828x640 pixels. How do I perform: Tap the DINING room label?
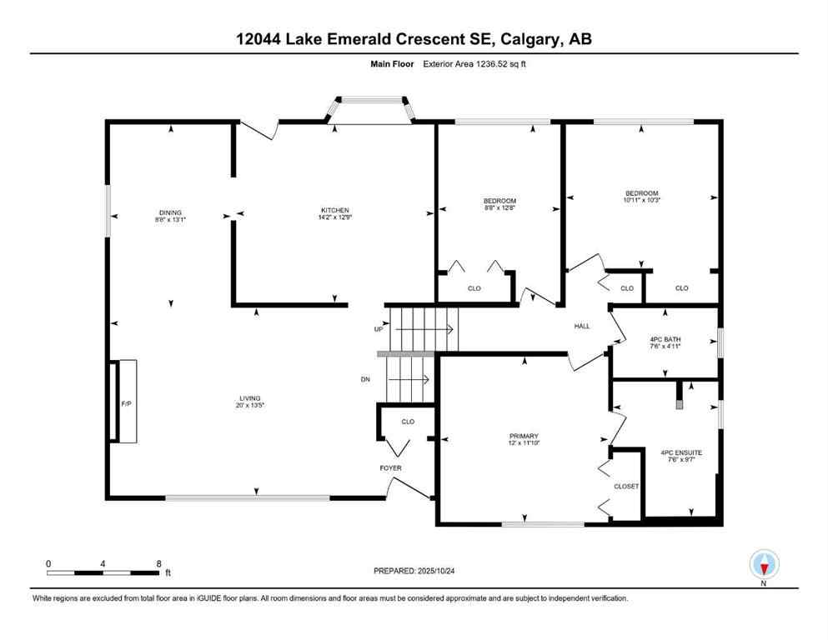[x=171, y=212]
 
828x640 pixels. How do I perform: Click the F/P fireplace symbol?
[x=126, y=403]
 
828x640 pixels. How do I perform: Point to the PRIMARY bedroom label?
[x=524, y=436]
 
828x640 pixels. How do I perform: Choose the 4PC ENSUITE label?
[x=680, y=452]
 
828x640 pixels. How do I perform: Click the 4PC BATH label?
[x=665, y=339]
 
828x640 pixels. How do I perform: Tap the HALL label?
[x=581, y=326]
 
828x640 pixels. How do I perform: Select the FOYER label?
[x=390, y=468]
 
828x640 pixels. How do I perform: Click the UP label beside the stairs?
[x=378, y=330]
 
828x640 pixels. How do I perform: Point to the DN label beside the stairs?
[x=365, y=380]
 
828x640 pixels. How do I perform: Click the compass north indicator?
[x=764, y=565]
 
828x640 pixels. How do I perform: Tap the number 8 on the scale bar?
[x=158, y=563]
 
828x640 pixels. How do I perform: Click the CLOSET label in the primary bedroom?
[x=626, y=486]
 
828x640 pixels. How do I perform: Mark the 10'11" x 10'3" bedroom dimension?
[x=641, y=200]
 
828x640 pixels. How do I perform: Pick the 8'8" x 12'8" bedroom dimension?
[x=499, y=208]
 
